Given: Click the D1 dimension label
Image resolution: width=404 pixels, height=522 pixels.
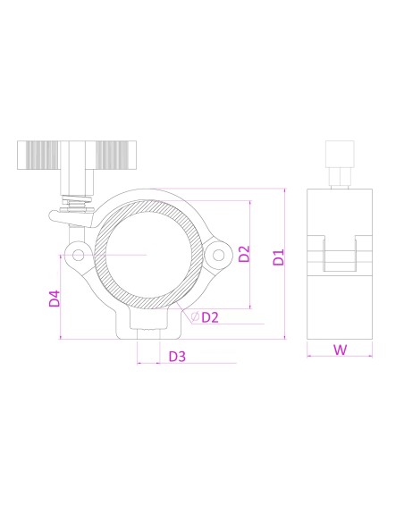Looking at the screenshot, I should point(279,257).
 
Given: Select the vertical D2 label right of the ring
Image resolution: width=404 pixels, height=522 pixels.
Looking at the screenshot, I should point(245,254).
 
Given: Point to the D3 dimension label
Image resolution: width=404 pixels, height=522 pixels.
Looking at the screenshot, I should point(177,357).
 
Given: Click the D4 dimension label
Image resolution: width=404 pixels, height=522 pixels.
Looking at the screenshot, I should point(55,298).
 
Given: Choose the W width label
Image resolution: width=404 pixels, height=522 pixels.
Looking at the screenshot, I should point(340,349).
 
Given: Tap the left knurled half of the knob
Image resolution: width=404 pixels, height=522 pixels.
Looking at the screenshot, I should point(42,158).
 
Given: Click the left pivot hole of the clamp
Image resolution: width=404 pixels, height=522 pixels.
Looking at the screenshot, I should point(79,257).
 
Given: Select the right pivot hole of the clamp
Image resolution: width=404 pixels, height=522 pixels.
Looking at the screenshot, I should point(216,257).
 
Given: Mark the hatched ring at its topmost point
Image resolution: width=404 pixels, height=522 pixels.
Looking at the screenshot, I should point(147,198).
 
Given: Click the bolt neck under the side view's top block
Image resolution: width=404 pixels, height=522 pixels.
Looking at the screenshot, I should point(340,179).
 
